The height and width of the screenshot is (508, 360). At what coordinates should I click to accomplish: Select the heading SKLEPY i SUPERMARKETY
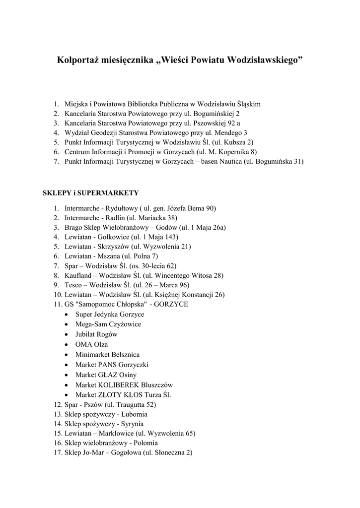[x=91, y=192]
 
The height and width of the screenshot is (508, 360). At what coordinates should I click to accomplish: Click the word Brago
[x=73, y=227]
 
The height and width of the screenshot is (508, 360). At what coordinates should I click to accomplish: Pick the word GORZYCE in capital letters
[x=171, y=304]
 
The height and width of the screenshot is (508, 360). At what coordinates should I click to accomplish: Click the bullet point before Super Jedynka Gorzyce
[x=67, y=315]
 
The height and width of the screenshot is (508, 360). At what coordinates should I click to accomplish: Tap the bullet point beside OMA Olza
[x=67, y=345]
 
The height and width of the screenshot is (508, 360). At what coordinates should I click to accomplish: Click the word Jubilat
[x=86, y=334]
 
